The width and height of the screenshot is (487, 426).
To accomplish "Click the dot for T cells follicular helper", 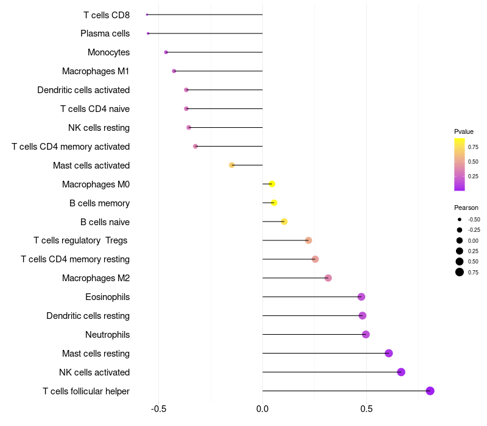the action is tap(430, 391).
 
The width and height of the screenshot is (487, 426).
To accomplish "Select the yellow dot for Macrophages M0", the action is tap(272, 184).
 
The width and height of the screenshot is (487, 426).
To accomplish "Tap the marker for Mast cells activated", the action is tap(232, 165).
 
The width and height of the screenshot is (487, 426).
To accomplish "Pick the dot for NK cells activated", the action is tap(401, 372).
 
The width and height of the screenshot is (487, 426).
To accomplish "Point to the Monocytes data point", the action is tap(166, 52).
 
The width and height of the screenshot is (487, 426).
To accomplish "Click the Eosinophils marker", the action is tap(361, 297).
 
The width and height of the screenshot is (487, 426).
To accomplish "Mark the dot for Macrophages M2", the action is tap(328, 278).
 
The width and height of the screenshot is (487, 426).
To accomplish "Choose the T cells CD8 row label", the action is tap(107, 15).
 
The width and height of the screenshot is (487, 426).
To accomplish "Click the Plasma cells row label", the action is tap(105, 33).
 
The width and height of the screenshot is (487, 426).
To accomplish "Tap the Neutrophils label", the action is tap(108, 335).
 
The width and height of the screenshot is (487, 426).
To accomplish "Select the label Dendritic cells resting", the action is tap(88, 316).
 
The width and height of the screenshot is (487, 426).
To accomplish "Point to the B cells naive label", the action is tap(105, 222).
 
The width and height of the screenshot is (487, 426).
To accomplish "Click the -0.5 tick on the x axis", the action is tap(158, 409).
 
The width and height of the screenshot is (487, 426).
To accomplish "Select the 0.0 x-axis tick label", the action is tap(262, 409).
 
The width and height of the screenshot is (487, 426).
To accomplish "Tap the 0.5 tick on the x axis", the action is tap(366, 409).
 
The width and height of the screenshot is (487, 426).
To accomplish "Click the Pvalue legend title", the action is tap(464, 131).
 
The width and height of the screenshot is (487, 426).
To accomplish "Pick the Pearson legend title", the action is tap(466, 208).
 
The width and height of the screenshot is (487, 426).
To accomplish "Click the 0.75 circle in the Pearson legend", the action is tap(460, 272).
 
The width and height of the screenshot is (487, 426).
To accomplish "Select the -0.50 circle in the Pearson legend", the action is tap(460, 220).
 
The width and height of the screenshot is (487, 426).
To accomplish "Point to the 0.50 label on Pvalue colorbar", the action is tap(473, 162).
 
